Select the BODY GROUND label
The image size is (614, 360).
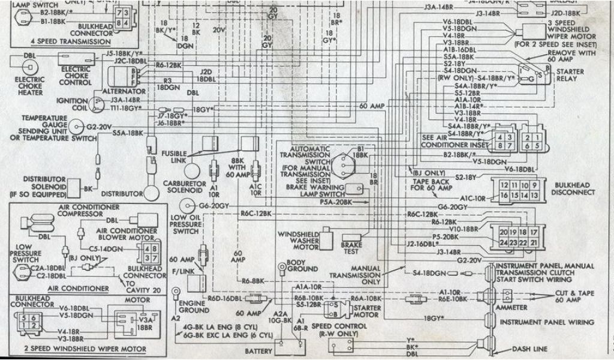(x=301, y=266)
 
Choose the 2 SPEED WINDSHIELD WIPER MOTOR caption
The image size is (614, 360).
(x=77, y=349)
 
